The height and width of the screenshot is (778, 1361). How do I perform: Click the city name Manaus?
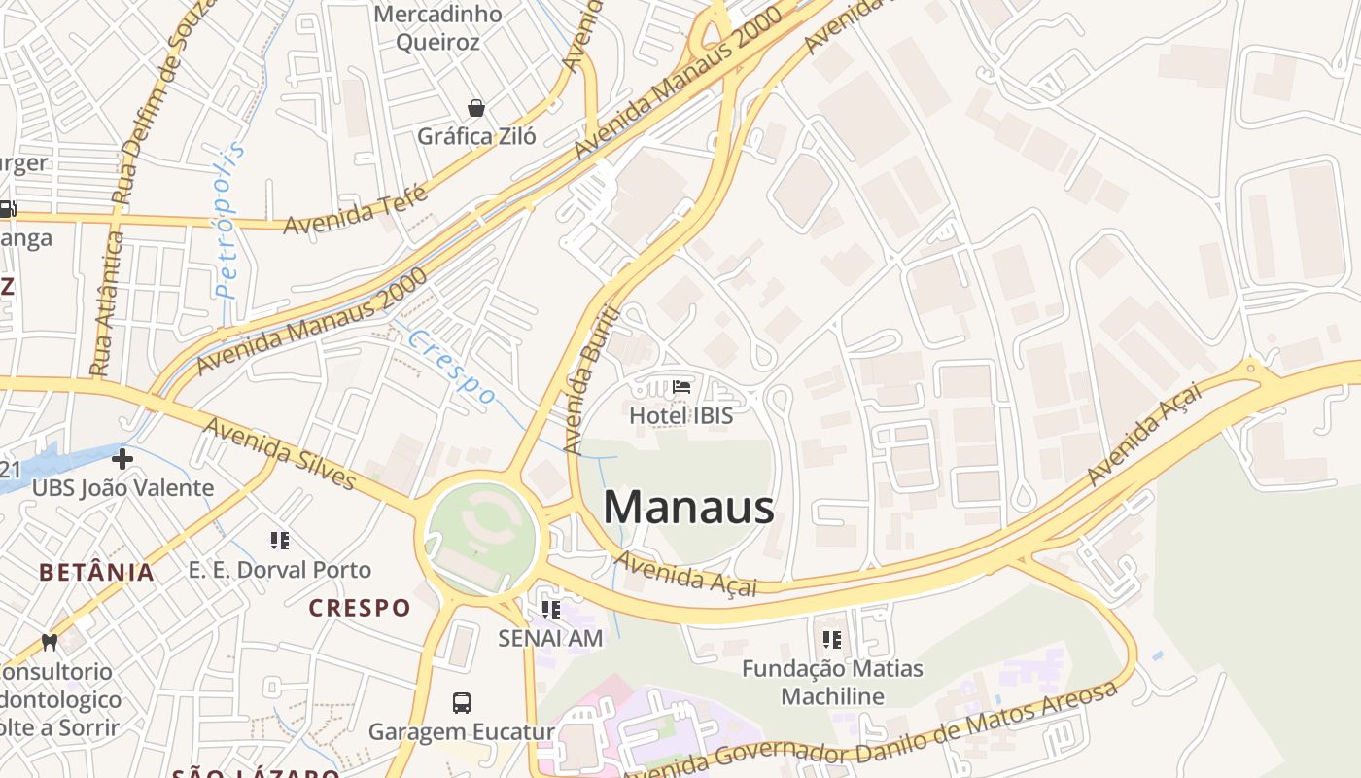688,507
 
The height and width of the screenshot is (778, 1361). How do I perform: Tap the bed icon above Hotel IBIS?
681,387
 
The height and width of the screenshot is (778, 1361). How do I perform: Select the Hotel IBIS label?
680,415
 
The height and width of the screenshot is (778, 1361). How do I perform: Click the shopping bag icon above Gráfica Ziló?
476,107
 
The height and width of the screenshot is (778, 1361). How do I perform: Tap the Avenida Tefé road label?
355,209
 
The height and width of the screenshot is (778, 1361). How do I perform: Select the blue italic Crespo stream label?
452,368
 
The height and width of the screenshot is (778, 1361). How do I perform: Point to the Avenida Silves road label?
280,453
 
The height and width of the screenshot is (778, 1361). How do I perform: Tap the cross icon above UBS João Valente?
122,458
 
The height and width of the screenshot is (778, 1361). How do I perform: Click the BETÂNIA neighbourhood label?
97,572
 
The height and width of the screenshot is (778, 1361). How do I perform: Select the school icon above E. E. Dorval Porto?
280,541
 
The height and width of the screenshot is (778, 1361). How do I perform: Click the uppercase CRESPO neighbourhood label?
360,608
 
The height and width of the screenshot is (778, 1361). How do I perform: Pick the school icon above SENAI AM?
551,610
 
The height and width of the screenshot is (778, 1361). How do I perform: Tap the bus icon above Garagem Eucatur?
462,702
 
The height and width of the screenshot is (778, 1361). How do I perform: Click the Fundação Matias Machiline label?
832,682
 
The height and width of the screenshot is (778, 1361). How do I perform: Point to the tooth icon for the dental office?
50,643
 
